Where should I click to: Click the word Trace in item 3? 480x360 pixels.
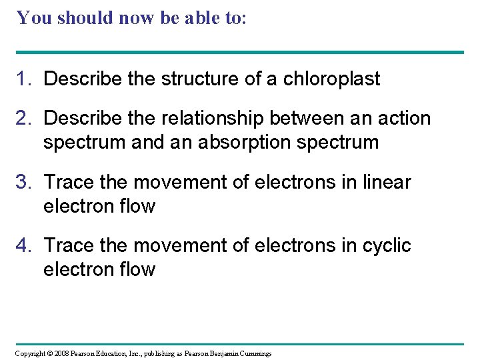point(68,182)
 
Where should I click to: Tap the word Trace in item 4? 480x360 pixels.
point(68,245)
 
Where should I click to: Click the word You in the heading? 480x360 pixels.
point(32,17)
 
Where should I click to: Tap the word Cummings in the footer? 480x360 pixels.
point(252,353)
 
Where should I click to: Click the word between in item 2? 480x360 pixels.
point(311,119)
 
